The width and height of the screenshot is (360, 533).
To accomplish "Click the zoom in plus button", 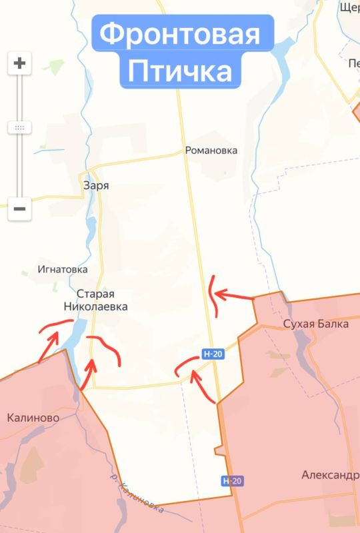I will [x=19, y=64].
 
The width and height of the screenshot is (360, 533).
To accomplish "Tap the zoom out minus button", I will [x=19, y=209].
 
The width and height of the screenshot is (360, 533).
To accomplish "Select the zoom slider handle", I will [x=19, y=127].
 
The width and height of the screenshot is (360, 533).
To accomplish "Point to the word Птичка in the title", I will [x=180, y=71].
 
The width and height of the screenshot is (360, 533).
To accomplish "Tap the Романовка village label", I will [x=211, y=151].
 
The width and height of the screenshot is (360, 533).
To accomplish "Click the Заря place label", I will [x=95, y=186].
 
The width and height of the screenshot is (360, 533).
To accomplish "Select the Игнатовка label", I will [x=63, y=270].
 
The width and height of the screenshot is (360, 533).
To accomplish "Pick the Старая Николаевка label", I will [x=97, y=300].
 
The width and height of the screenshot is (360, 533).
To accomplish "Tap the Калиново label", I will [x=33, y=418].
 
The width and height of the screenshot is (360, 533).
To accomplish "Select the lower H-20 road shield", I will [x=230, y=480].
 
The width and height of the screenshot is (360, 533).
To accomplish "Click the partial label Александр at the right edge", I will [x=329, y=475].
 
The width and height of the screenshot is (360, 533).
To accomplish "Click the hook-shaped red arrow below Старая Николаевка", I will [x=107, y=348].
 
